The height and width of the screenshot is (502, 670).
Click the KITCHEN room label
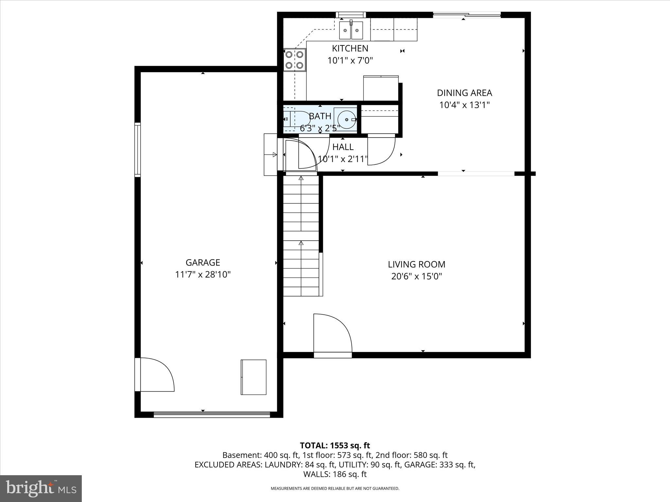(350, 48)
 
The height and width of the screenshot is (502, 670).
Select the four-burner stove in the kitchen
(294, 60)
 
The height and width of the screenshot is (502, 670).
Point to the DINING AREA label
(464, 93)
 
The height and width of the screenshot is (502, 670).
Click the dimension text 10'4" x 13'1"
(464, 105)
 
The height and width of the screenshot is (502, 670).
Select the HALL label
(343, 147)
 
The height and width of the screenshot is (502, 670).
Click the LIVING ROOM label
(416, 264)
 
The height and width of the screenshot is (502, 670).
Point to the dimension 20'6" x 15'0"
(416, 276)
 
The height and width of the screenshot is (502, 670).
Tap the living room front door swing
(332, 333)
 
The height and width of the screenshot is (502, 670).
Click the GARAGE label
(203, 262)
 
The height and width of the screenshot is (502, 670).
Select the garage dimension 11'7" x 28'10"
(203, 275)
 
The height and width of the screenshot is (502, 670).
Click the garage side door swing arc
(157, 375)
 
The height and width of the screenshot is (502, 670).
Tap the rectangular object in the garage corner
(254, 377)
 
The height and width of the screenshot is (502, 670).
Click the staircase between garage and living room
(301, 235)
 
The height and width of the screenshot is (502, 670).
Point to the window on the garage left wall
(138, 150)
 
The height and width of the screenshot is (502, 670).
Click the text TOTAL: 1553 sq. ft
(335, 445)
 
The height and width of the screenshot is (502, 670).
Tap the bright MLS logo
(41, 488)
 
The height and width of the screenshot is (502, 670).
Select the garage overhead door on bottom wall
(212, 414)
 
